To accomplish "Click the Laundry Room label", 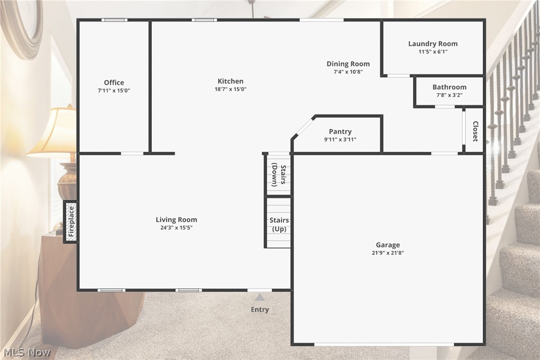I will click(x=432, y=44).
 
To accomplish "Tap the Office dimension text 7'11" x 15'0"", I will click(x=114, y=91).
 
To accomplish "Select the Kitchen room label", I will click(x=230, y=81).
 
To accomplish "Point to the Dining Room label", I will click(x=348, y=64).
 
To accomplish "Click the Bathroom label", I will click(x=449, y=87).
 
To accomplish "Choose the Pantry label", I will click(x=340, y=132).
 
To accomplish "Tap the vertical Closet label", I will click(x=475, y=131).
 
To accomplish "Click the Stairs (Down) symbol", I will click(x=278, y=175).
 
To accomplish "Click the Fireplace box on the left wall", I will click(x=71, y=222).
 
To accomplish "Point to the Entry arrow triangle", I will click(x=259, y=298).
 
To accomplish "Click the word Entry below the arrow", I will click(x=259, y=310).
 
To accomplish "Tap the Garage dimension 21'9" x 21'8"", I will click(x=387, y=253).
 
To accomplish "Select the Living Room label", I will click(x=176, y=220).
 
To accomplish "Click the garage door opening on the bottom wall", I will click(x=384, y=344).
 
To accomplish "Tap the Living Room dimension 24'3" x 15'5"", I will click(x=176, y=228).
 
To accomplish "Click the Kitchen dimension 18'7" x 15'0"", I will click(x=230, y=89).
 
